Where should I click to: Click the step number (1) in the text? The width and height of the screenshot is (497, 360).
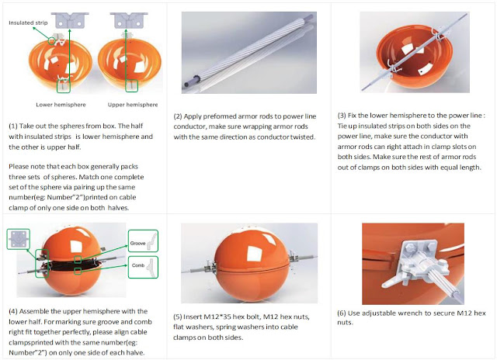tap(14, 124)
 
